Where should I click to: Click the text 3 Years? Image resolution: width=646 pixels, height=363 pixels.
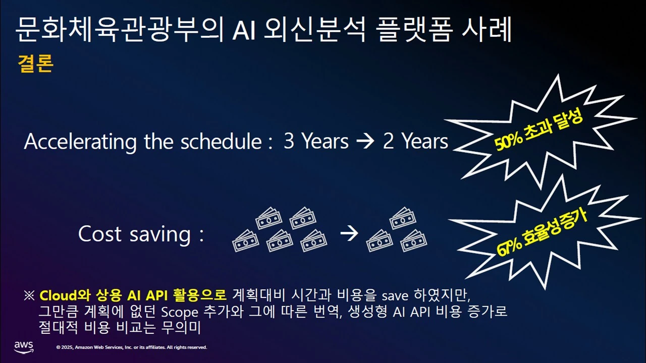click(316, 142)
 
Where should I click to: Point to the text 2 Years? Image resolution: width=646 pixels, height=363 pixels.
click(415, 142)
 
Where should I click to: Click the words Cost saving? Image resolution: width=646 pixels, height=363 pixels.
click(135, 234)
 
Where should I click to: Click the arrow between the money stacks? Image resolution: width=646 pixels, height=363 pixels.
click(349, 233)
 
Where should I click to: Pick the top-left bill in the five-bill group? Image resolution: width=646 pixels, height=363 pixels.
click(268, 218)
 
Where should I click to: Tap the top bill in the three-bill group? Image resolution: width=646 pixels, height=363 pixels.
click(403, 218)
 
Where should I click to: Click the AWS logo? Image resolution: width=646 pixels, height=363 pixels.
click(24, 347)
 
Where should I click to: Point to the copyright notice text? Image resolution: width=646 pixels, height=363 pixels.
click(132, 347)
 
